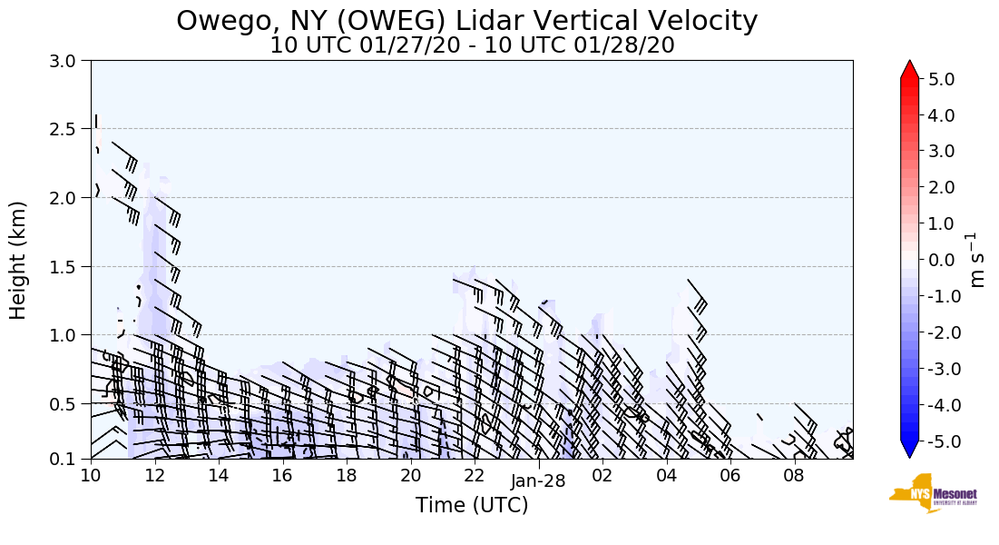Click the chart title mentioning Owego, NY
466,20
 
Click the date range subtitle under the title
472,45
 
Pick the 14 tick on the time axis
219,475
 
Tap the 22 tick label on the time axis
475,475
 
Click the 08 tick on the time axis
794,475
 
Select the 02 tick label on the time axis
602,475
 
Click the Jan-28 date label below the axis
538,482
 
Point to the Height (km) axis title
19,260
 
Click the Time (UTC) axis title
472,505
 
